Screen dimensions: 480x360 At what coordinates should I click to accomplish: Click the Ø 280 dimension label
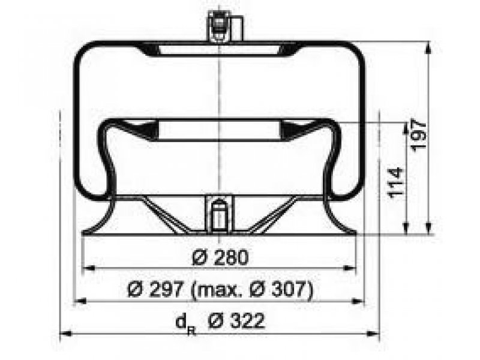coord(220,257)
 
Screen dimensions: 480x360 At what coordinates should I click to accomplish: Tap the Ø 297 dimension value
coord(155,290)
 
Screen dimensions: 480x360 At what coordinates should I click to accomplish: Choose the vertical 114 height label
coord(395,182)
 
